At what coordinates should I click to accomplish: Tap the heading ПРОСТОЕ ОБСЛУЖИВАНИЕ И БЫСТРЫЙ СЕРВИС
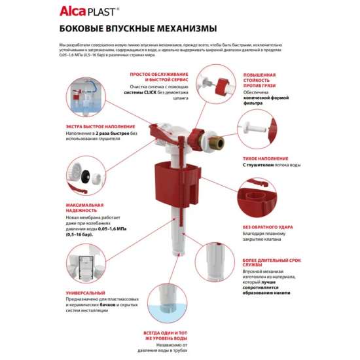pyautogui.click(x=156, y=79)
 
